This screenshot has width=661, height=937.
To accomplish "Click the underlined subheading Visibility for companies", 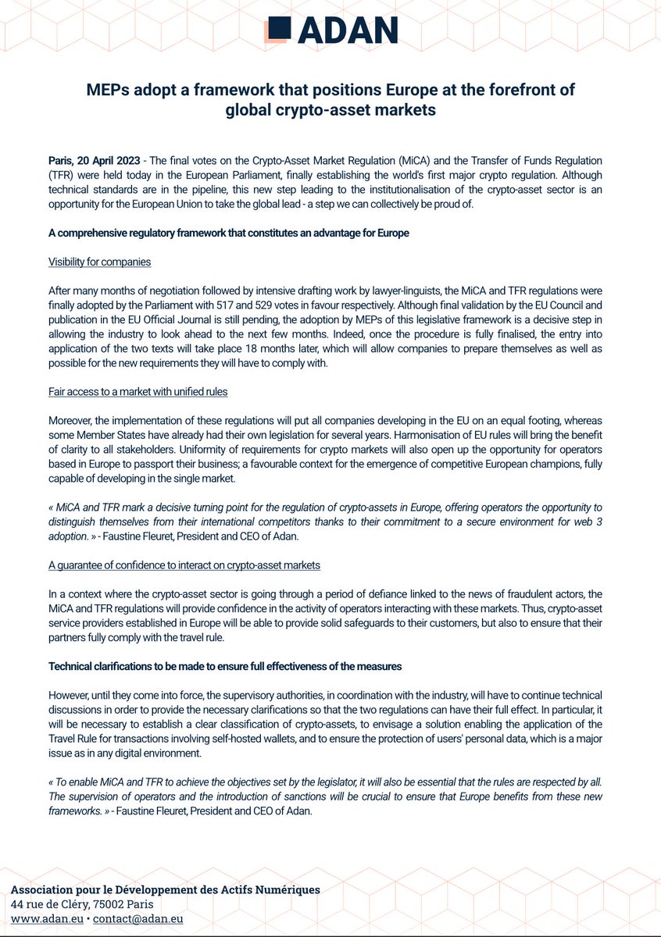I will (99, 262).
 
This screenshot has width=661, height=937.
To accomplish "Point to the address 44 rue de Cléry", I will (55, 904).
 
